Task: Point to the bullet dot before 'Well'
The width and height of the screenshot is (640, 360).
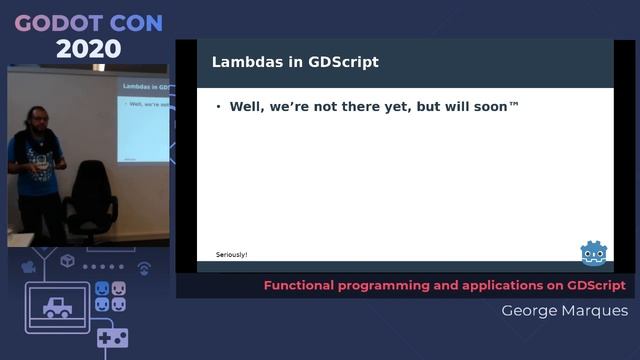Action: coord(218,106)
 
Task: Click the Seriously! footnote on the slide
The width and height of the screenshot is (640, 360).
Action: coord(231,254)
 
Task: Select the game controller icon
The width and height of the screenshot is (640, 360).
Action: coord(112,337)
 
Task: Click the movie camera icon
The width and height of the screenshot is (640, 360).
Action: coord(29,267)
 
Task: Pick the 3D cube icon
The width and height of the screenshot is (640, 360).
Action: coord(67,262)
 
